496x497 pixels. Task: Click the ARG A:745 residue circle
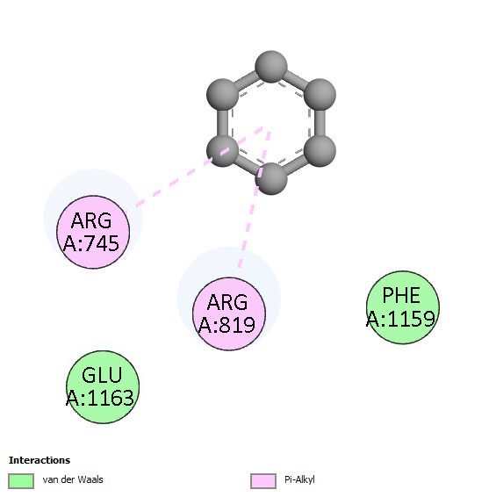(93, 233)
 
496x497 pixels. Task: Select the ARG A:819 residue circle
(229, 313)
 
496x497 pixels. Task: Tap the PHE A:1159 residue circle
(403, 307)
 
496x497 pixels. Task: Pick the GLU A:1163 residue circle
(103, 387)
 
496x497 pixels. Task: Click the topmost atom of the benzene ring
(271, 67)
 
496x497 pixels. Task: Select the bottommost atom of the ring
(271, 179)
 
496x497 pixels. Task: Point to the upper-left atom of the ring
(222, 95)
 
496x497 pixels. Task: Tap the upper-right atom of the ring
(320, 95)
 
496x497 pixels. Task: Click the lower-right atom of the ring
(320, 150)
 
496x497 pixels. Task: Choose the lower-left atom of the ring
(222, 150)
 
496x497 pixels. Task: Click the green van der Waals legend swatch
(21, 481)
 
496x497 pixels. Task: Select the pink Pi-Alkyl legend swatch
(263, 481)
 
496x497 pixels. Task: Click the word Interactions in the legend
(40, 460)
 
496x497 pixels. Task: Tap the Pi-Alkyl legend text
(299, 480)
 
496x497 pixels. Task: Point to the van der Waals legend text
(73, 479)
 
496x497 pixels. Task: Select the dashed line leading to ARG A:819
(255, 199)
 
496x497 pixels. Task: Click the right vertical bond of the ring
(320, 122)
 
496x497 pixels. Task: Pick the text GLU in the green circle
(102, 375)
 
